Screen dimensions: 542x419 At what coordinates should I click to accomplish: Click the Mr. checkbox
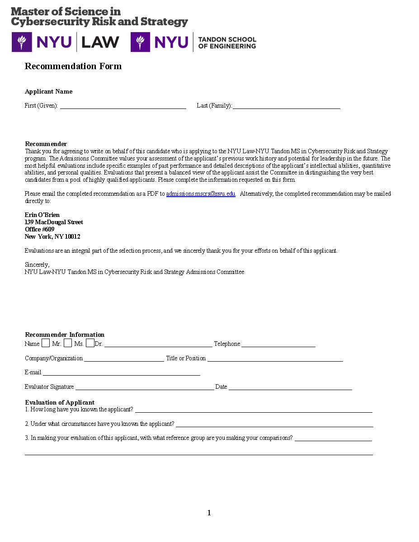[x=45, y=343]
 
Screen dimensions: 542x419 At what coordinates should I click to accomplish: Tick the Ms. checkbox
[x=68, y=343]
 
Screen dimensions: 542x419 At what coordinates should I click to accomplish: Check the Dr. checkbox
[x=90, y=343]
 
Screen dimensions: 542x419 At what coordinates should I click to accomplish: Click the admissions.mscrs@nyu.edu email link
[x=201, y=194]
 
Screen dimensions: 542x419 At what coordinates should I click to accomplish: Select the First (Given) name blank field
[x=123, y=106]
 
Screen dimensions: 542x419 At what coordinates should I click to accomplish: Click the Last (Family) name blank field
[x=287, y=106]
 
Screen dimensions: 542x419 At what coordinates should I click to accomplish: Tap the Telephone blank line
[x=278, y=344]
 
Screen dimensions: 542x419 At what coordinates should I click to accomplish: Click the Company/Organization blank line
[x=124, y=358]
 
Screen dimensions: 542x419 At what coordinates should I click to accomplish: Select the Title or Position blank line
[x=275, y=358]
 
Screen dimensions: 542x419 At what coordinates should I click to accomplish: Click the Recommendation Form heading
[x=73, y=66]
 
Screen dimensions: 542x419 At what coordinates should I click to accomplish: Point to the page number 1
[x=209, y=513]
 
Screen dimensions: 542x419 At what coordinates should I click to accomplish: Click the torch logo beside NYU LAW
[x=22, y=42]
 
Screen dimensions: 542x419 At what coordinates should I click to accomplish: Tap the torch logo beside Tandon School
[x=141, y=42]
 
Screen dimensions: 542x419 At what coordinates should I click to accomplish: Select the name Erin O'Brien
[x=42, y=215]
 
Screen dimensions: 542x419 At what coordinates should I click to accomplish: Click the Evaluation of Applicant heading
[x=60, y=402]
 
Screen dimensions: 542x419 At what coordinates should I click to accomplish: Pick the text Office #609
[x=39, y=229]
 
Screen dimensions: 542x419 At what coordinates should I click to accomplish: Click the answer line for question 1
[x=253, y=410]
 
